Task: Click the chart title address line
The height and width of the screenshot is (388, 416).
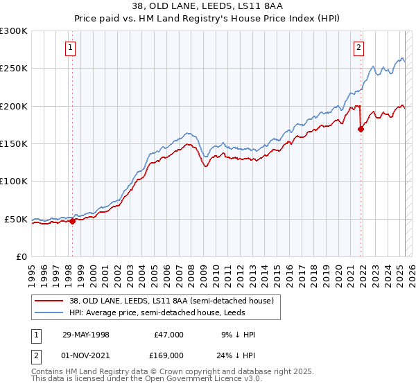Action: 207,6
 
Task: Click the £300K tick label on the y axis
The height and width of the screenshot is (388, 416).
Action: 14,31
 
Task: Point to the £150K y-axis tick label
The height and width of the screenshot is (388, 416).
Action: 14,143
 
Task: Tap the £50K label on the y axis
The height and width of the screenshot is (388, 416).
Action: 16,219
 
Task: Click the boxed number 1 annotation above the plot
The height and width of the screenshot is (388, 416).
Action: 71,48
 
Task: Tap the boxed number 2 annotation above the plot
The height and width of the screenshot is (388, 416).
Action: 358,48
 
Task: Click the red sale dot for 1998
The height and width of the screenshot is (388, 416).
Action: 72,222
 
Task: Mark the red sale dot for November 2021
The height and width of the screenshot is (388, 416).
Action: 361,129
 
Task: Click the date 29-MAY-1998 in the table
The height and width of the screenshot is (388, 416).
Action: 86,335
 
